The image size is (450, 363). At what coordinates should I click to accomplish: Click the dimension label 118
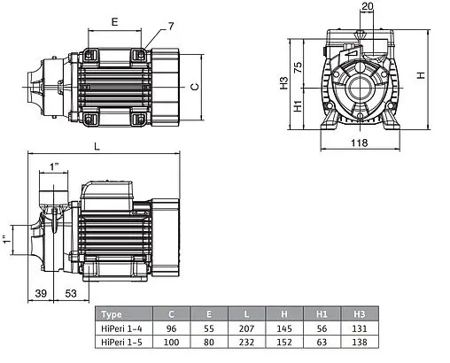point(360,143)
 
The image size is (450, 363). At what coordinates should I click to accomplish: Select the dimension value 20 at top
point(368,6)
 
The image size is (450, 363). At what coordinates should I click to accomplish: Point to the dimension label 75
point(299,67)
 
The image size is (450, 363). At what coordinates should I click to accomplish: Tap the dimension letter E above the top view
point(114,22)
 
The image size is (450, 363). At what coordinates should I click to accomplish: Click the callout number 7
point(171,27)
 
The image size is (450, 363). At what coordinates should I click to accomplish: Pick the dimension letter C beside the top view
point(195,87)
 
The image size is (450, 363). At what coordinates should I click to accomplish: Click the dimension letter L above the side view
point(97,146)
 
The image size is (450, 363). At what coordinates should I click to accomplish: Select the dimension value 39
point(41,293)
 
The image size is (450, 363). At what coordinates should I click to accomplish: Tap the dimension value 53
point(71,293)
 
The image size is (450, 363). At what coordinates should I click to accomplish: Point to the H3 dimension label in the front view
point(283,83)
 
